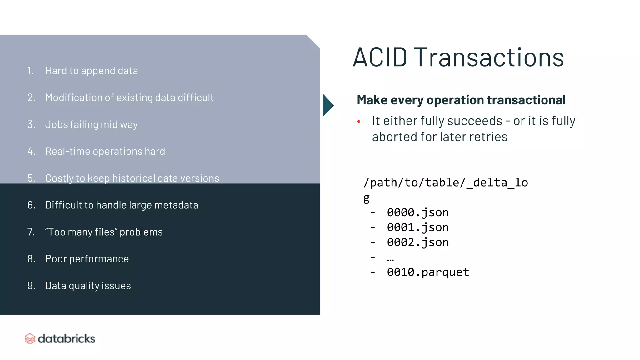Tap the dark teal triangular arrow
(x=327, y=105)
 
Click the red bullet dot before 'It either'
(x=359, y=121)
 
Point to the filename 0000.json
(x=417, y=212)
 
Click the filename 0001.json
(x=417, y=227)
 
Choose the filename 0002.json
(x=417, y=242)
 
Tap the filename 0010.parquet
(x=428, y=272)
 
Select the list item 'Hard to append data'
(x=92, y=71)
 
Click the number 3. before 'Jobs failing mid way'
(x=31, y=124)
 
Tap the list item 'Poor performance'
(x=87, y=259)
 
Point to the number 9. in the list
(x=31, y=286)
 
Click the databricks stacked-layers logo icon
(x=30, y=339)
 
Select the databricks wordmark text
(x=66, y=339)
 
